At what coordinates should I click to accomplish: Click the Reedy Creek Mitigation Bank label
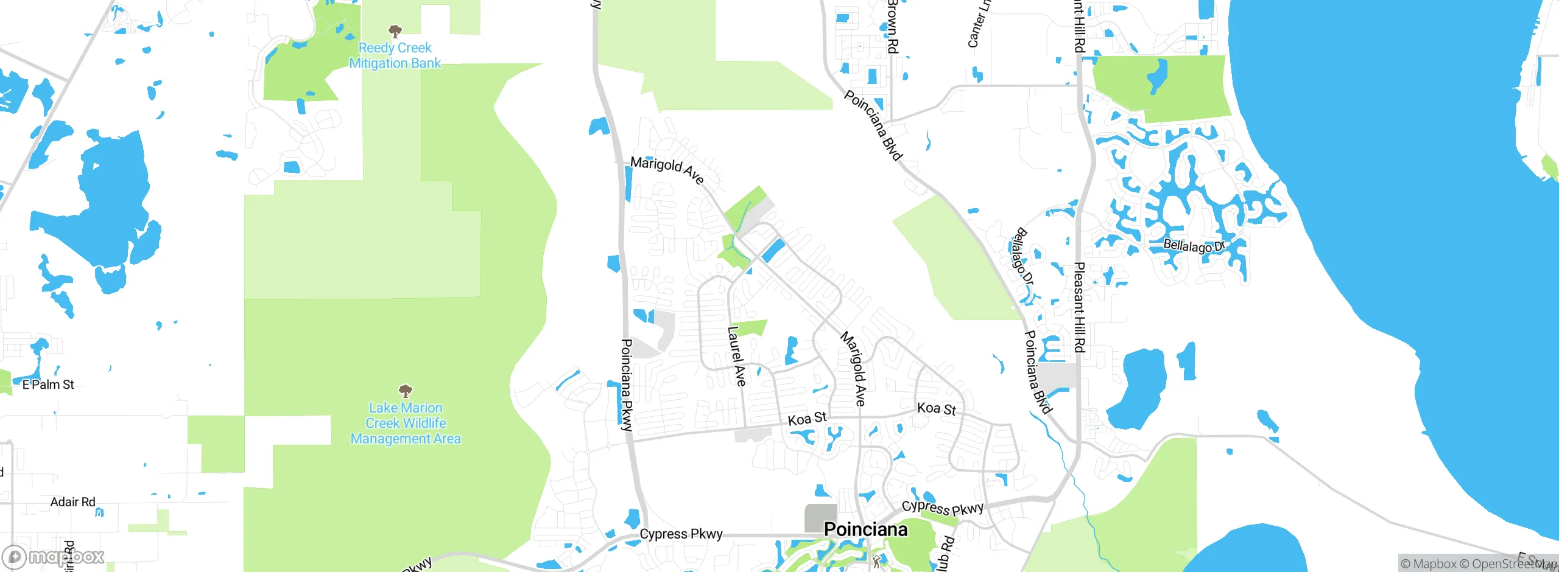point(395,55)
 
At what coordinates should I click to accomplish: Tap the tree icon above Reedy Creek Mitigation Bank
point(395,31)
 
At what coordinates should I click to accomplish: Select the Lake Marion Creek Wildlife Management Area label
point(406,424)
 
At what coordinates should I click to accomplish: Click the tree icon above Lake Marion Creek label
point(406,391)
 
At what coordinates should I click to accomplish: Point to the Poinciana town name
point(865,529)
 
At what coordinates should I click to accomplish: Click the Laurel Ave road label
point(737,356)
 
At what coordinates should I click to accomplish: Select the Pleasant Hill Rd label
point(1079,307)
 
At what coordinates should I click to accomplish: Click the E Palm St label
point(48,385)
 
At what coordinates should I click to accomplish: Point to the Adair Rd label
point(72,502)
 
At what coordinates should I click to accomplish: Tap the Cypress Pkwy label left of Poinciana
point(681,534)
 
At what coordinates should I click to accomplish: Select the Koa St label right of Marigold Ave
point(937,409)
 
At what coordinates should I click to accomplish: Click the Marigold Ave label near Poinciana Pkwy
point(667,169)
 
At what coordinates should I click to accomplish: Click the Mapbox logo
point(54,557)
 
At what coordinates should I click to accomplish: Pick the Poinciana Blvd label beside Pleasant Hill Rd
point(1038,371)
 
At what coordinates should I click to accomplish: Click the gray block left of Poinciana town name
point(820,518)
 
